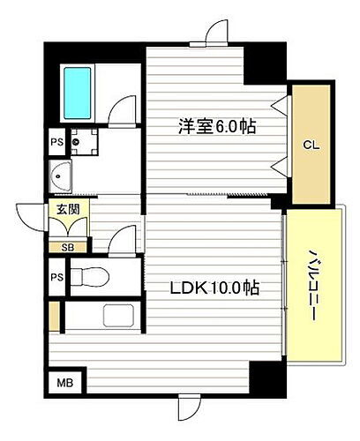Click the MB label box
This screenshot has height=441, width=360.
pos(64,383)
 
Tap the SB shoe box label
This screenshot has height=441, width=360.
pos(68,247)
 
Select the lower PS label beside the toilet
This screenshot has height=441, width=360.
pos(57,278)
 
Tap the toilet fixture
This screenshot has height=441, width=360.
pos(87,275)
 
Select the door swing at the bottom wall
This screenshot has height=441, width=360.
pos(188,407)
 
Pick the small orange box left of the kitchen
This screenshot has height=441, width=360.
pos(56,315)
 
